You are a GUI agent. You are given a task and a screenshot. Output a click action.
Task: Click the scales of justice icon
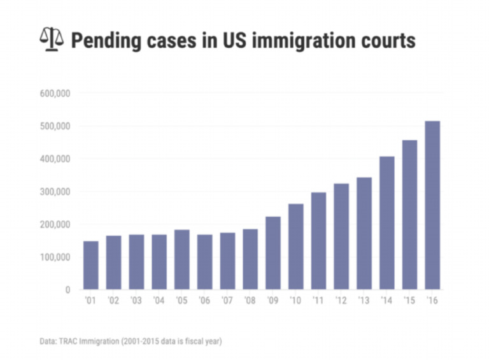(52, 40)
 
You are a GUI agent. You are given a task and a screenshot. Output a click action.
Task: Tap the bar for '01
(91, 265)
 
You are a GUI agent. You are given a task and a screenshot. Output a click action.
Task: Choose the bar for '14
(387, 223)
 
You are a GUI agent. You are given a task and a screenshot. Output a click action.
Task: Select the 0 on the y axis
(66, 290)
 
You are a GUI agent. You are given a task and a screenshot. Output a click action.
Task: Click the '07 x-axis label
(227, 300)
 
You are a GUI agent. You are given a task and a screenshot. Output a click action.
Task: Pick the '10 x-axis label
(295, 300)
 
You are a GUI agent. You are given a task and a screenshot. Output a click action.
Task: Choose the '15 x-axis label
(409, 300)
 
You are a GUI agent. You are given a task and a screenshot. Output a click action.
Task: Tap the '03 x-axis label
(136, 300)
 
